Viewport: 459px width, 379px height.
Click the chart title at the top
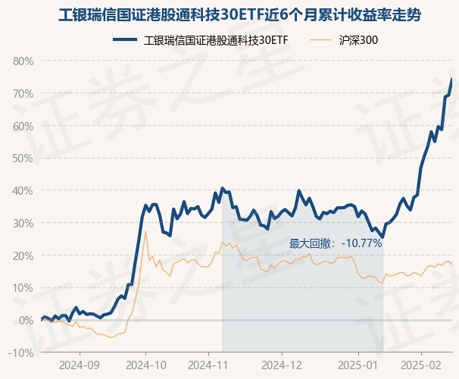(229, 15)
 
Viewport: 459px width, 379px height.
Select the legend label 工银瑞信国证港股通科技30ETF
(216, 40)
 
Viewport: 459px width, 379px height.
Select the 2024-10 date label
(145, 364)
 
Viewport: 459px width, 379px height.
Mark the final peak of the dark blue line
(451, 79)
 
